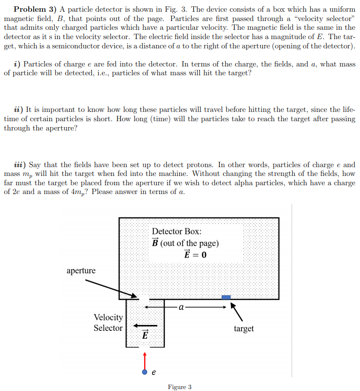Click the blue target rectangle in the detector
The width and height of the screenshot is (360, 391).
tap(226, 297)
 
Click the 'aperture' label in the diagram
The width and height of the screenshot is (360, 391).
tap(81, 270)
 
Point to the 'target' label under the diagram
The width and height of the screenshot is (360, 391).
tap(243, 328)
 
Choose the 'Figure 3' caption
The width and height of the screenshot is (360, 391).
tap(179, 387)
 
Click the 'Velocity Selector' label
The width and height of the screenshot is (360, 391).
tap(108, 323)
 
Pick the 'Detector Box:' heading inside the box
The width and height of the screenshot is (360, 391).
tap(176, 232)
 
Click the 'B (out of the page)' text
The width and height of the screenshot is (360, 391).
tap(186, 243)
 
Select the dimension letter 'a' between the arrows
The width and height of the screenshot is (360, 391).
tap(181, 307)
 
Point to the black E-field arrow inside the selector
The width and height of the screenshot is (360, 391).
tap(146, 326)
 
